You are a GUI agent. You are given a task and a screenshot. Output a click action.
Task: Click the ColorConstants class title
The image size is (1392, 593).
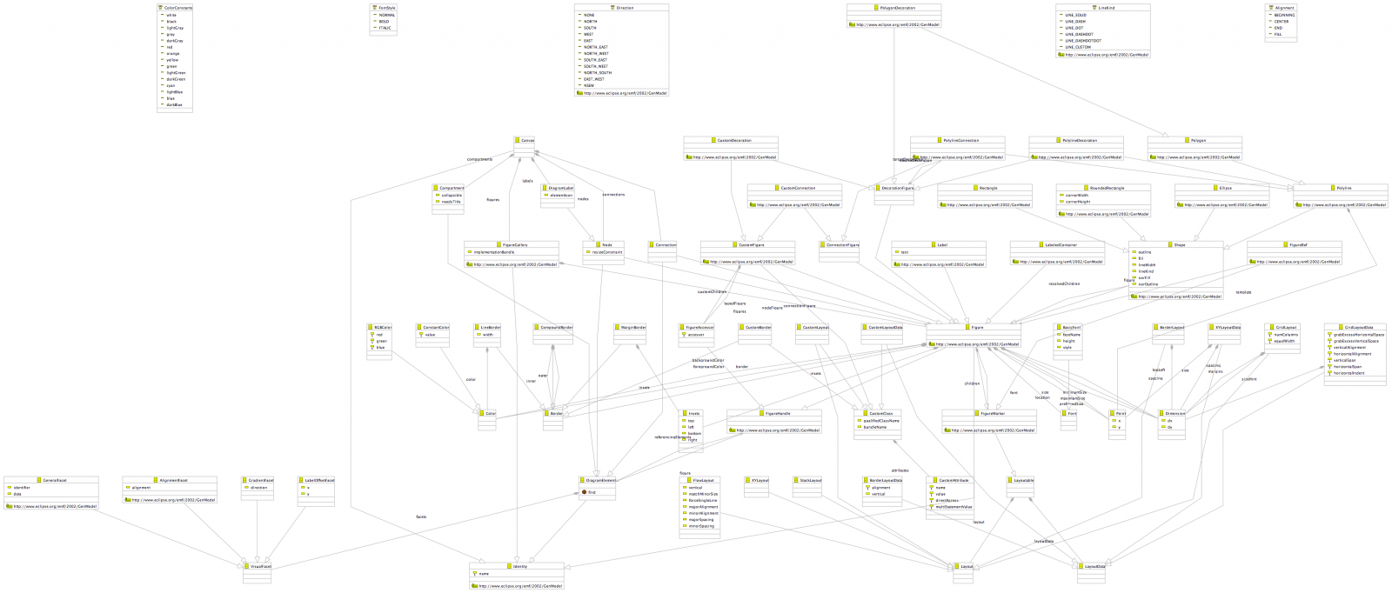[x=178, y=8]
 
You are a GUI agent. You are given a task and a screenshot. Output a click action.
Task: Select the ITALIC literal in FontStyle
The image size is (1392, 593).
[x=385, y=28]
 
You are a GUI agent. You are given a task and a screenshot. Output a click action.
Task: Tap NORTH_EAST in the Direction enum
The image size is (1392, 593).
[x=597, y=47]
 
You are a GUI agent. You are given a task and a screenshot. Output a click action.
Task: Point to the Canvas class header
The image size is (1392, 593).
[x=527, y=140]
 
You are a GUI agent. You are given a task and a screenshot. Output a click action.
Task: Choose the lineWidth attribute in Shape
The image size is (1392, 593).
[x=1147, y=265]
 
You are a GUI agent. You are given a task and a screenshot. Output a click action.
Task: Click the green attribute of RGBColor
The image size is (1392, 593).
[x=382, y=341]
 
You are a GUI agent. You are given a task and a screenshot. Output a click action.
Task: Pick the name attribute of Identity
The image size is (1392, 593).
[x=484, y=574]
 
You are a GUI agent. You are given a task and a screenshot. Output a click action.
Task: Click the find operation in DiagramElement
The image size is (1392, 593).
[x=592, y=492]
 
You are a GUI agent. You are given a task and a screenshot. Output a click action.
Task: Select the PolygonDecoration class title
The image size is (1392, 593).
[x=895, y=8]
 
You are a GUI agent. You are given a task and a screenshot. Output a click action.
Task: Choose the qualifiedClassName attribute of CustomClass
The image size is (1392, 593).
[x=882, y=421]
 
